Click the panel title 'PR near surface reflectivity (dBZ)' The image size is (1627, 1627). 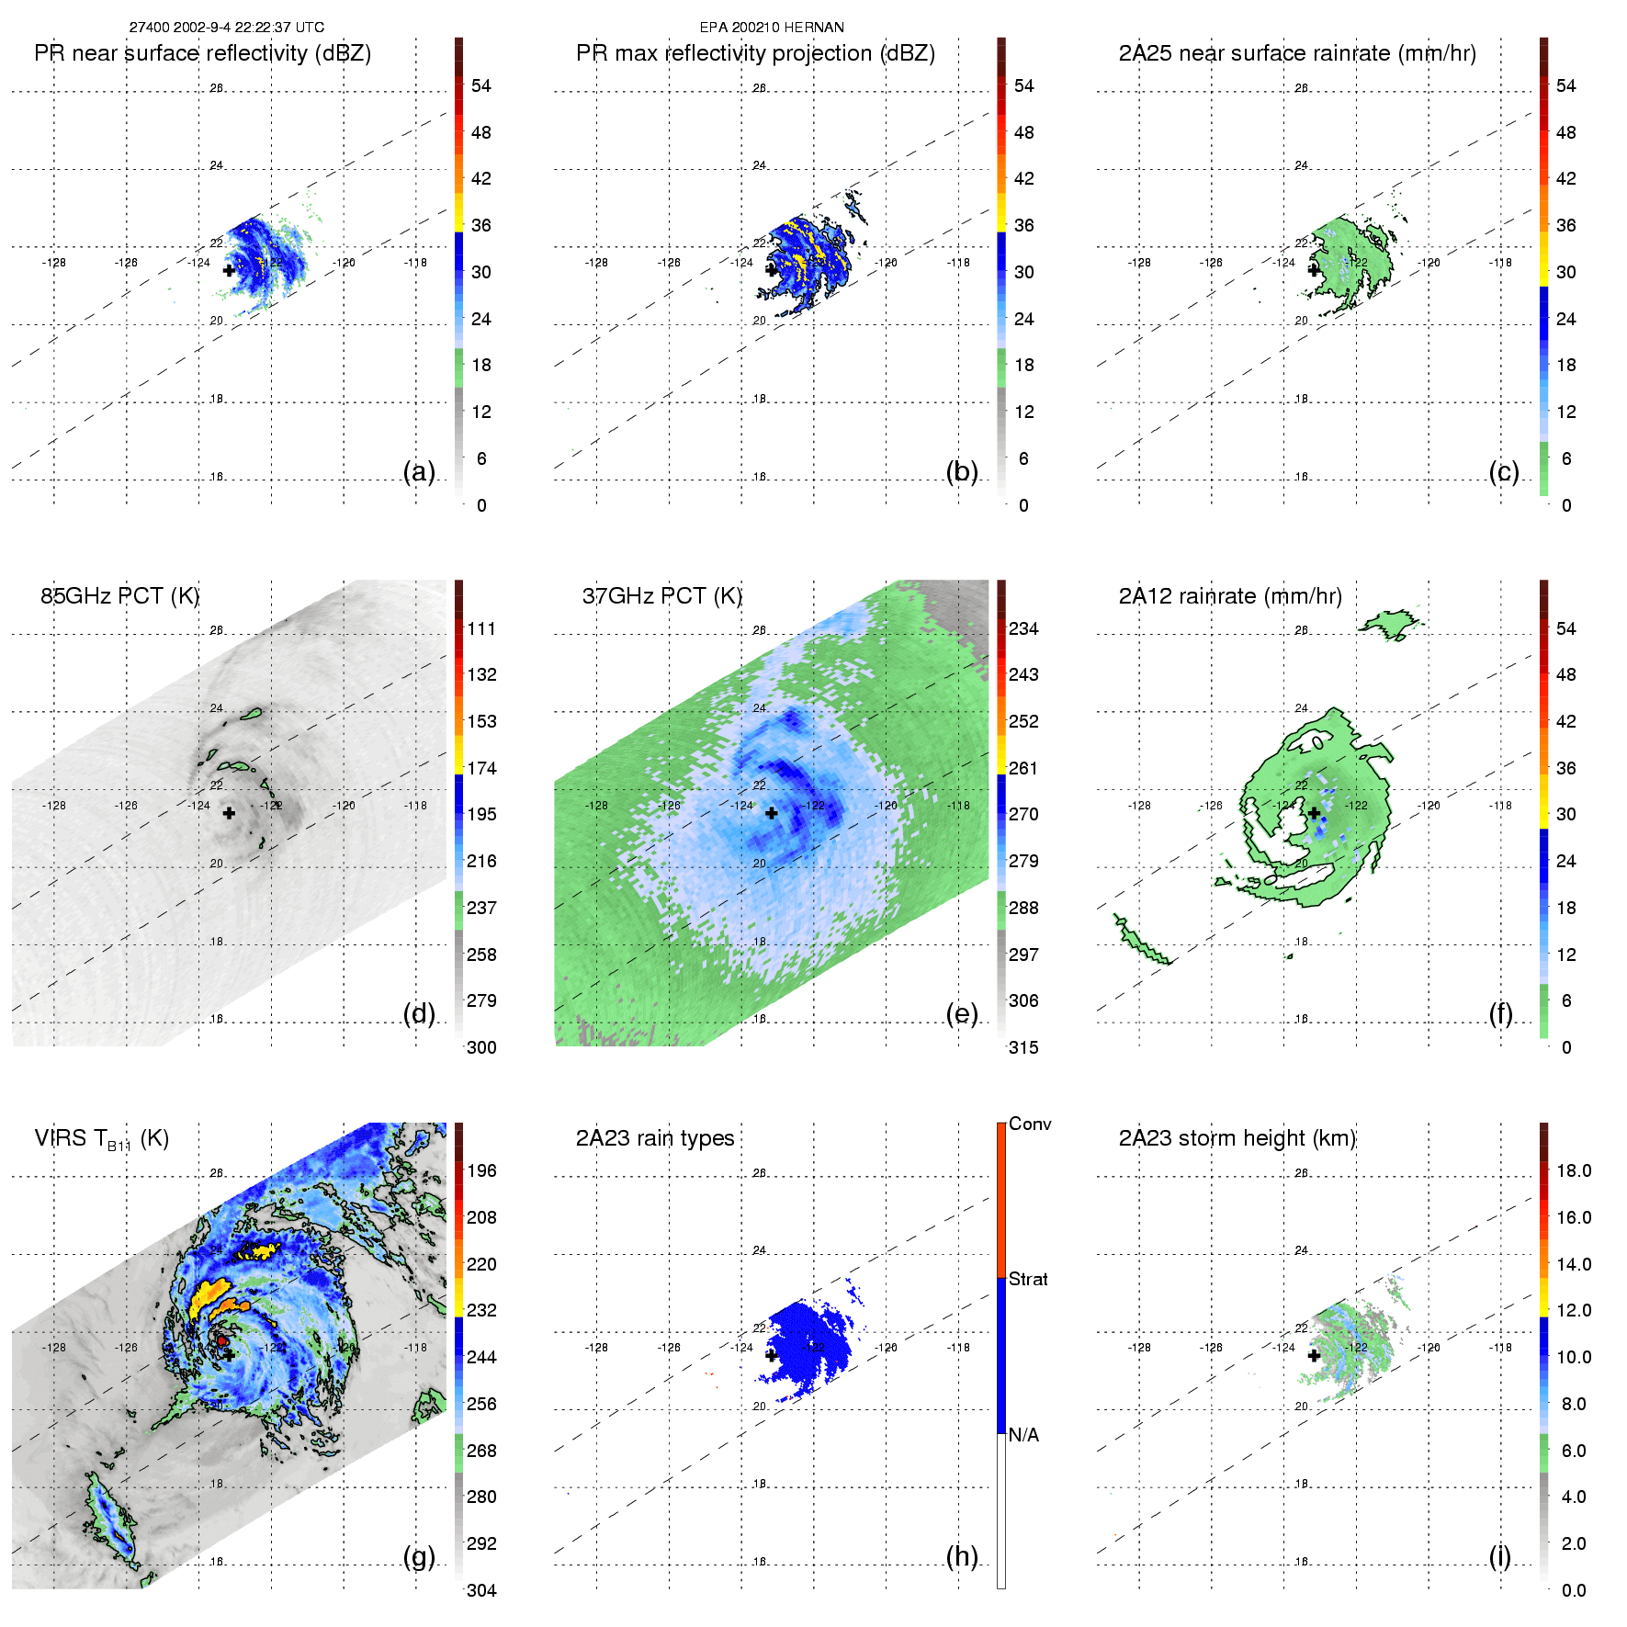pyautogui.click(x=202, y=53)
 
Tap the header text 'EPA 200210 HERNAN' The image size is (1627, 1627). pyautogui.click(x=772, y=28)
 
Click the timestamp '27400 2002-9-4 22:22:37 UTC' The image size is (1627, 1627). pyautogui.click(x=226, y=28)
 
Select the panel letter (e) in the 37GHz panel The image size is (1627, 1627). pyautogui.click(x=961, y=1013)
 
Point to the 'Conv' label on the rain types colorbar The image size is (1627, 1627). pyautogui.click(x=1029, y=1124)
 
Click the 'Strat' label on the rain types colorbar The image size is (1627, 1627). pyautogui.click(x=1027, y=1279)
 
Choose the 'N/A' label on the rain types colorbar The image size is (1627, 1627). pyautogui.click(x=1023, y=1435)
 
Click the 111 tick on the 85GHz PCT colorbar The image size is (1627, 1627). pyautogui.click(x=481, y=628)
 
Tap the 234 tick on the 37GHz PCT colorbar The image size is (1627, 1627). pyautogui.click(x=1023, y=628)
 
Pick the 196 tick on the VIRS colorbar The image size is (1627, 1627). pyautogui.click(x=481, y=1170)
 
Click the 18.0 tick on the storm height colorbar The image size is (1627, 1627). pyautogui.click(x=1573, y=1170)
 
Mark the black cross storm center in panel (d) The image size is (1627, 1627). pyautogui.click(x=229, y=813)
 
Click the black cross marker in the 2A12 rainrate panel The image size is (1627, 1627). pyautogui.click(x=1314, y=813)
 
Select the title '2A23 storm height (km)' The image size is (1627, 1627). pyautogui.click(x=1237, y=1138)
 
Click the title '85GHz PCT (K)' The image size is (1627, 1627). pyautogui.click(x=119, y=595)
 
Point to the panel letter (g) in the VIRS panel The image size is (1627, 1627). pyautogui.click(x=419, y=1556)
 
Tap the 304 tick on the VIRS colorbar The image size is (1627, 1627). pyautogui.click(x=481, y=1590)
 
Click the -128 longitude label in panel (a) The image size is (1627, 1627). pyautogui.click(x=54, y=263)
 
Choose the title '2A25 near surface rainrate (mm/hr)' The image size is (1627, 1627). pyautogui.click(x=1297, y=53)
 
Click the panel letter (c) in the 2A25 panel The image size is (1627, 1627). pyautogui.click(x=1503, y=471)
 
